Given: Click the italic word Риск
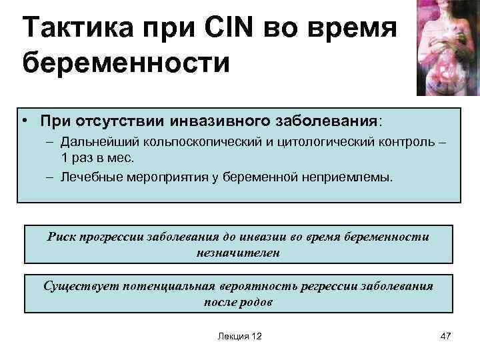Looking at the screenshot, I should click(62, 237).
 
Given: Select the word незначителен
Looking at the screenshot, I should click(238, 253).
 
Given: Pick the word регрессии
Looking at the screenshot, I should click(325, 287).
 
